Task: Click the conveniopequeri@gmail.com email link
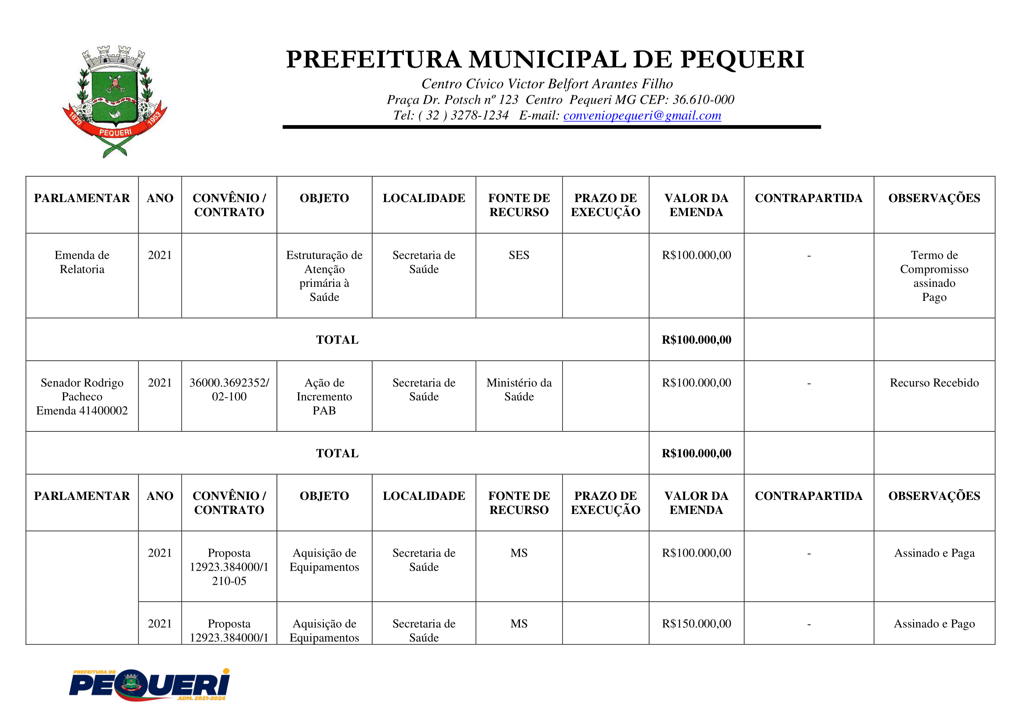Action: (642, 116)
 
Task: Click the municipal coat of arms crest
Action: (115, 101)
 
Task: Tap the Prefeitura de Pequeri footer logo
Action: (149, 685)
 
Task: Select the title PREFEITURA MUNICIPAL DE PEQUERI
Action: (545, 60)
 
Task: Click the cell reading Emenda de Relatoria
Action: (82, 262)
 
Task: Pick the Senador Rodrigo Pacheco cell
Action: (82, 396)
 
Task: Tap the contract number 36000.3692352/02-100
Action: (229, 390)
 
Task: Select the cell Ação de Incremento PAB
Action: (324, 396)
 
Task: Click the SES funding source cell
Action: (519, 255)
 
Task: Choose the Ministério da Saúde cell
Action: (519, 390)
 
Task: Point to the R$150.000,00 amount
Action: (696, 624)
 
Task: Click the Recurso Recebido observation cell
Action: (934, 383)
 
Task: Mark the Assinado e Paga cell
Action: (934, 553)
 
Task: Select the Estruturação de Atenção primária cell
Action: (324, 276)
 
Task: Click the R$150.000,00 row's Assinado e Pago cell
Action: (934, 624)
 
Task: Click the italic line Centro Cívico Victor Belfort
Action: (547, 84)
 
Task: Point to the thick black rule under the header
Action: (552, 127)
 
